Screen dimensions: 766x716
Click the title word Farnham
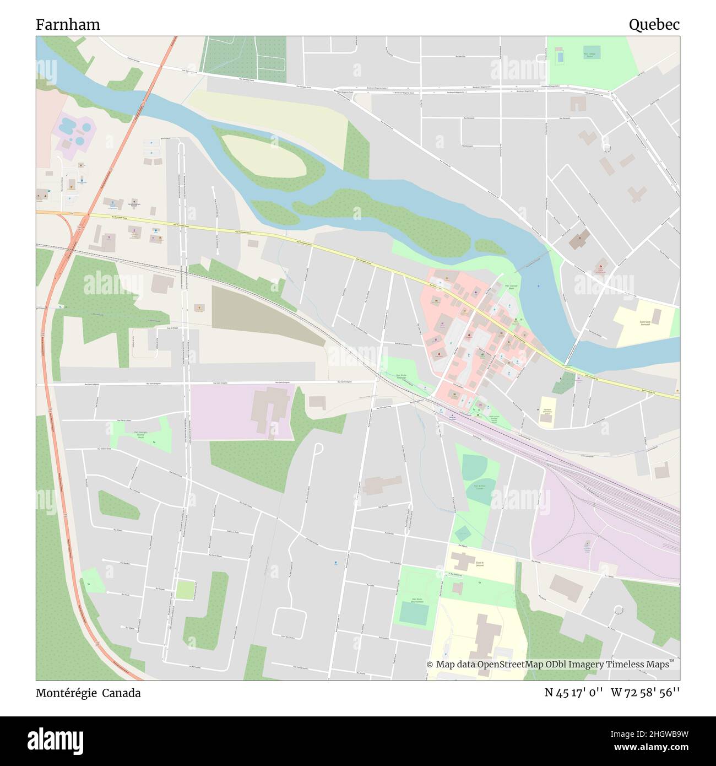tap(68, 24)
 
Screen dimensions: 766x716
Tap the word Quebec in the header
tap(654, 24)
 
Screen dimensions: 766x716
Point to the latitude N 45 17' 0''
tap(573, 693)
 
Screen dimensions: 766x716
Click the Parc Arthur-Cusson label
tap(479, 487)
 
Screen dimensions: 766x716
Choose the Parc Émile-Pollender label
tap(403, 377)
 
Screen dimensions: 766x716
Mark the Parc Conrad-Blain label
tap(512, 287)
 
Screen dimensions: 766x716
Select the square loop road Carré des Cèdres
tap(289, 623)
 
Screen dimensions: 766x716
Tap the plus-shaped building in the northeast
tap(638, 195)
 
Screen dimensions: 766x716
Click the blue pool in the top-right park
tap(560, 56)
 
